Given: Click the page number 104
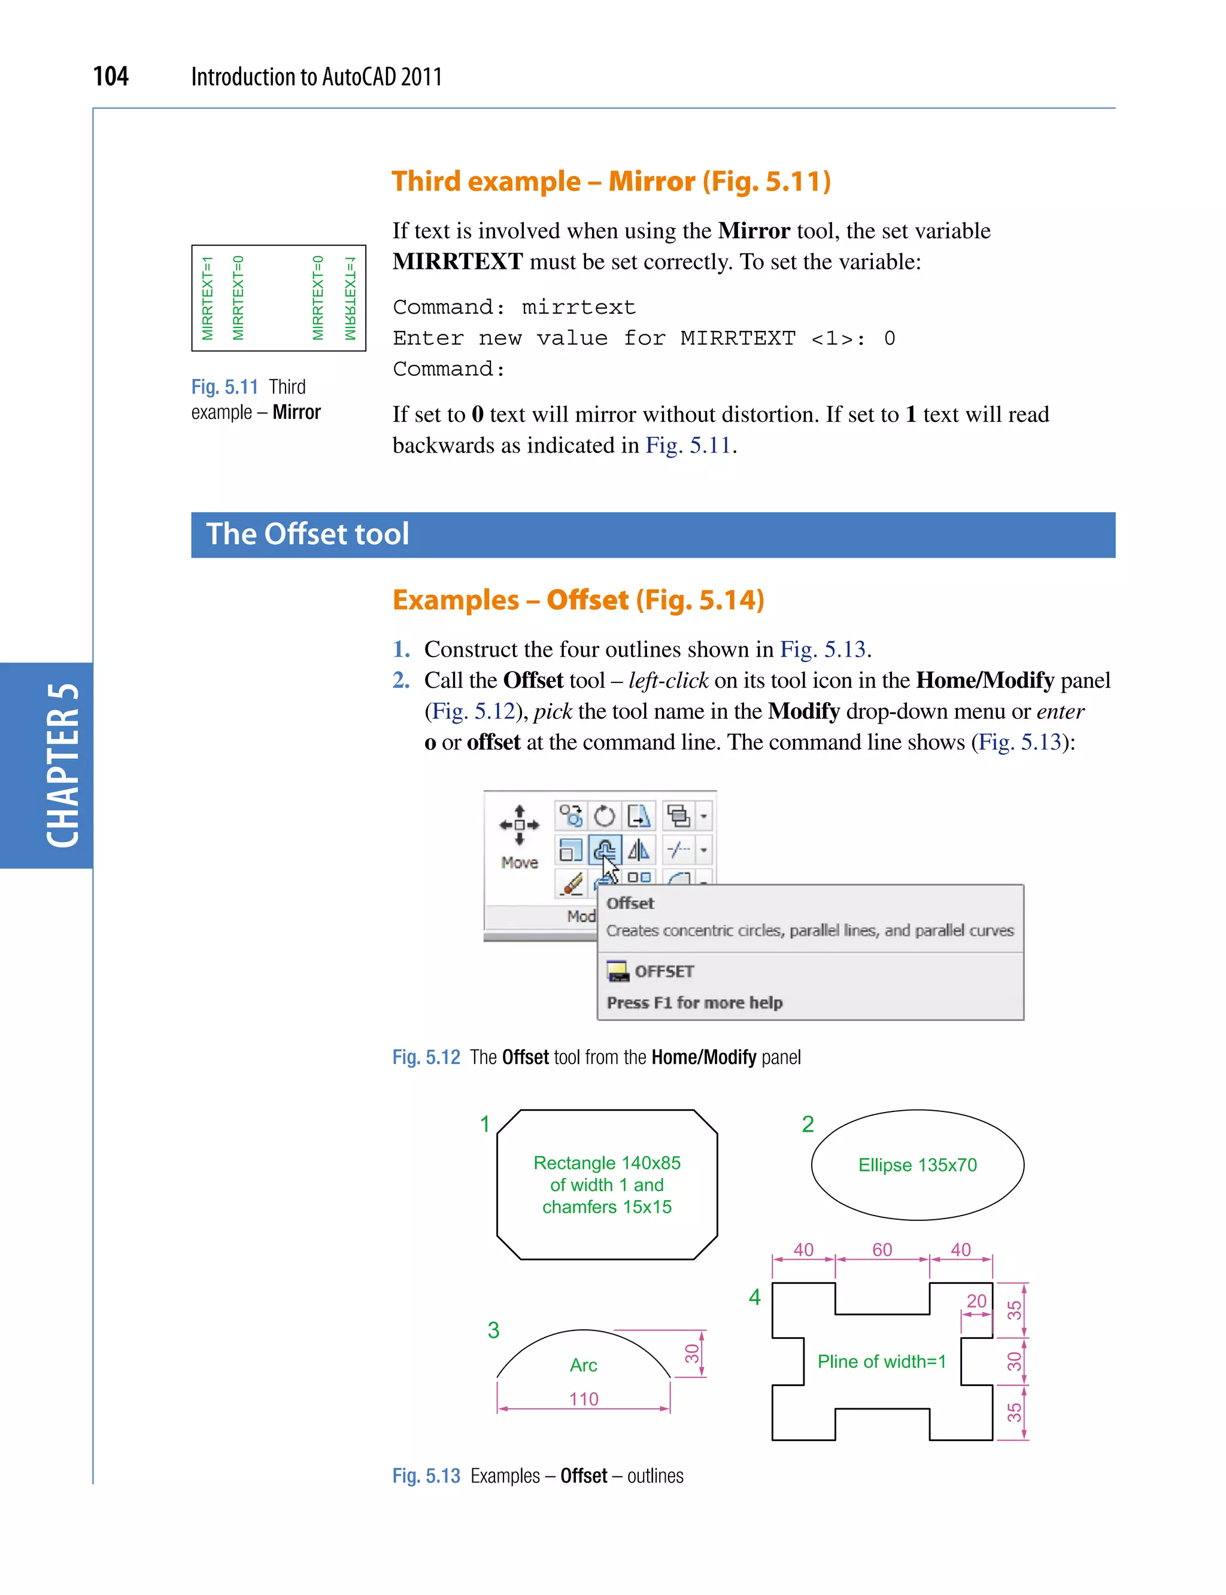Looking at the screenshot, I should tap(111, 76).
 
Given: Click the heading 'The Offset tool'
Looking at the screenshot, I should tap(307, 534).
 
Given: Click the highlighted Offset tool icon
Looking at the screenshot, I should tap(604, 850).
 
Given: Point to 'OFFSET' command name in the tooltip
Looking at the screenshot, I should tap(663, 971).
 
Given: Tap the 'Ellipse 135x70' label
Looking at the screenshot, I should tap(917, 1165).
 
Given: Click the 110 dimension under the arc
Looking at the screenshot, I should tap(583, 1399).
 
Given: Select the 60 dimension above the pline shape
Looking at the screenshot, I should tap(882, 1249).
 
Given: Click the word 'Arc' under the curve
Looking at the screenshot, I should tap(583, 1365).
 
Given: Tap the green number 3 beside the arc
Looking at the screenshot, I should tap(493, 1330).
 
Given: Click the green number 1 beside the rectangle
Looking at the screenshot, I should tap(484, 1123).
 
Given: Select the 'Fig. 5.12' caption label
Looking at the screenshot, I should tap(426, 1058).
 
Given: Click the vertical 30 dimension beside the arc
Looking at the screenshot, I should tap(691, 1353).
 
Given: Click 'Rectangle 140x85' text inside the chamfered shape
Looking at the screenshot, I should tap(606, 1162).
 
